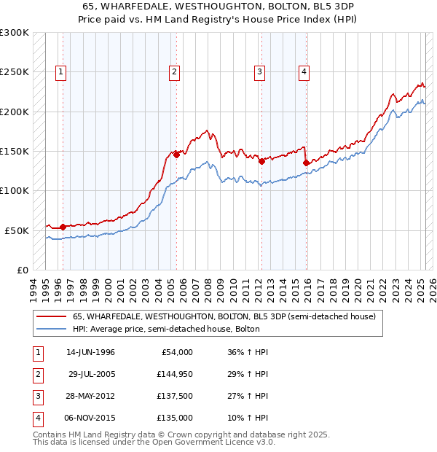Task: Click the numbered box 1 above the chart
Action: click(x=60, y=71)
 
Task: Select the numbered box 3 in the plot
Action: click(x=259, y=71)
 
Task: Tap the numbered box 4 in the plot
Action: click(x=303, y=71)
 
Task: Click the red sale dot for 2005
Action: click(x=176, y=155)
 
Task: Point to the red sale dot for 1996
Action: click(x=63, y=227)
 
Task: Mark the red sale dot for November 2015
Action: click(x=306, y=163)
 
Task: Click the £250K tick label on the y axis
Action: click(x=15, y=72)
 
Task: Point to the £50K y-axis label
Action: click(x=17, y=230)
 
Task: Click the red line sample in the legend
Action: click(x=51, y=316)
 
